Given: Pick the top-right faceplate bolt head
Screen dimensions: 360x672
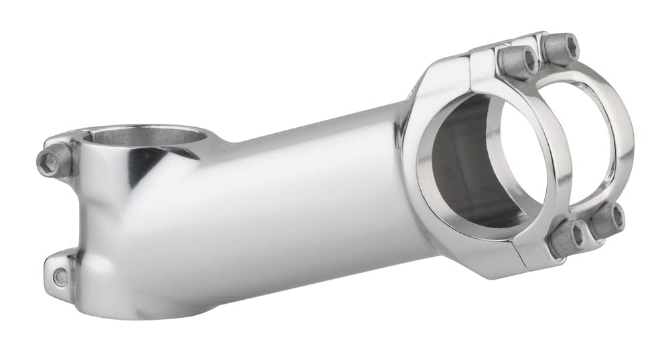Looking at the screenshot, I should [560, 48].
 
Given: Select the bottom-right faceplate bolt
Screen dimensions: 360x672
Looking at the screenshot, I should [606, 220].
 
